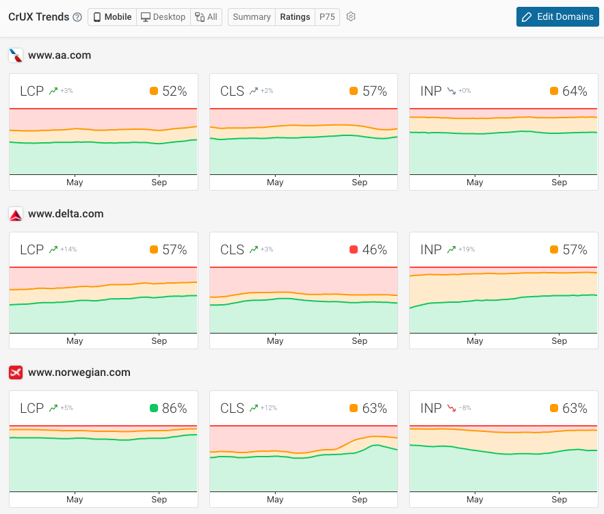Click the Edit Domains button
[557, 16]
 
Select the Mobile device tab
[112, 17]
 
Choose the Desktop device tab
[163, 17]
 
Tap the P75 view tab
[327, 17]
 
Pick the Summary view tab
[252, 17]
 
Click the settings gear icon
[351, 17]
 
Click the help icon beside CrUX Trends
[77, 17]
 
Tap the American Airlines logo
[16, 55]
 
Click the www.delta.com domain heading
[66, 214]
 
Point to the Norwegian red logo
[16, 373]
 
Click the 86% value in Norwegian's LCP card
[174, 408]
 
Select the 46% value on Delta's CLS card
[374, 249]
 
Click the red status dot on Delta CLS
[354, 249]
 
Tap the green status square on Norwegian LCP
[154, 408]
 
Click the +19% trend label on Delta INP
[460, 249]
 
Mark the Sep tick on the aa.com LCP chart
[159, 182]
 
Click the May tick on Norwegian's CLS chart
[275, 500]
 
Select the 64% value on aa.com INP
[575, 91]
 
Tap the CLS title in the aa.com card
[232, 91]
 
